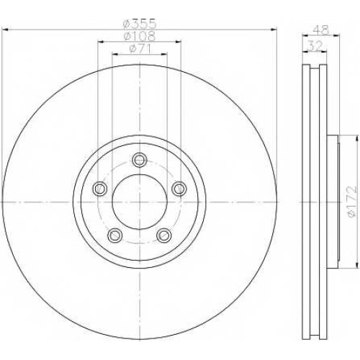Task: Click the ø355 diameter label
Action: pos(140,24)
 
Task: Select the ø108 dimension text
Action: pos(140,36)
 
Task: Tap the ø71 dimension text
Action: pos(140,49)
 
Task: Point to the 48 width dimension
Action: pos(321,30)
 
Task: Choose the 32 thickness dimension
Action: pos(315,45)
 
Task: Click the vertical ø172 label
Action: pos(352,202)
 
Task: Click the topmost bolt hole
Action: pos(140,159)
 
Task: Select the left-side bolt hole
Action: pos(99,189)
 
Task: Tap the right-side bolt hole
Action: pos(179,189)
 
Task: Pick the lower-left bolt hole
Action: pos(115,235)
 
